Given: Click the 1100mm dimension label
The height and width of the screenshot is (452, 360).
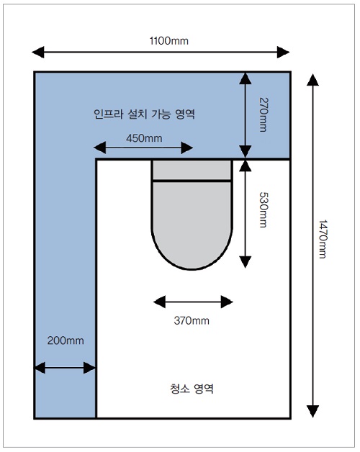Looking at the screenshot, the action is pos(169,41).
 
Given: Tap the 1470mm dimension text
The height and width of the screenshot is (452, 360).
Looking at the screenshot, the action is pos(323,239).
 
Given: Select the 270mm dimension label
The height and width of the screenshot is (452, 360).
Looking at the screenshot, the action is pos(264,114).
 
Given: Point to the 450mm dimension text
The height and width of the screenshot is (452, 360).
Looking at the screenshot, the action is pos(144,138).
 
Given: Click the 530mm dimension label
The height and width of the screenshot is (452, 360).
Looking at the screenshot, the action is pos(264,210).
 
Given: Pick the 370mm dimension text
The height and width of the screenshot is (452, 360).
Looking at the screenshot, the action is pos(192,320).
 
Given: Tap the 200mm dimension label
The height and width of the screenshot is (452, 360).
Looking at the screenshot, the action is pos(66,340).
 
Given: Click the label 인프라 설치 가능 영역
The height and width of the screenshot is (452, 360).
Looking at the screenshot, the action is pos(144,114).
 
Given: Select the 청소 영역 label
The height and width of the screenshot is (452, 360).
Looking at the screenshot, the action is pos(192,389).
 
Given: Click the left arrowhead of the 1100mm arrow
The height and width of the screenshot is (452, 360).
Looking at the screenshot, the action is pos(38,52).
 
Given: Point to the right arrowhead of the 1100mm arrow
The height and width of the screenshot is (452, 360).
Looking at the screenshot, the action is pos(283,52).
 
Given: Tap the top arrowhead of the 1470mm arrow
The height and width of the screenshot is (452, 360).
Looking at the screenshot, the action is pos(312,80).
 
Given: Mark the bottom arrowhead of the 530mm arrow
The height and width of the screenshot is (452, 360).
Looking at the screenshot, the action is pos(246,262).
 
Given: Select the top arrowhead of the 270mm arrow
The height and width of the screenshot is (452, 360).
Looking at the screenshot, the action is pos(246,78).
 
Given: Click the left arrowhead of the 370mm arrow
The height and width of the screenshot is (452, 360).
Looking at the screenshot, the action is pos(160,302).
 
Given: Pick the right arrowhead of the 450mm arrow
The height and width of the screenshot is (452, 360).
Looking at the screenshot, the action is pos(187,148).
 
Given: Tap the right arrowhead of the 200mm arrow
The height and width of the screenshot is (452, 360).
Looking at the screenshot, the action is pos(89,368).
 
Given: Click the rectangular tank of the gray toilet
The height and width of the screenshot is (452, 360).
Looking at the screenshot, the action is pos(192,170).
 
